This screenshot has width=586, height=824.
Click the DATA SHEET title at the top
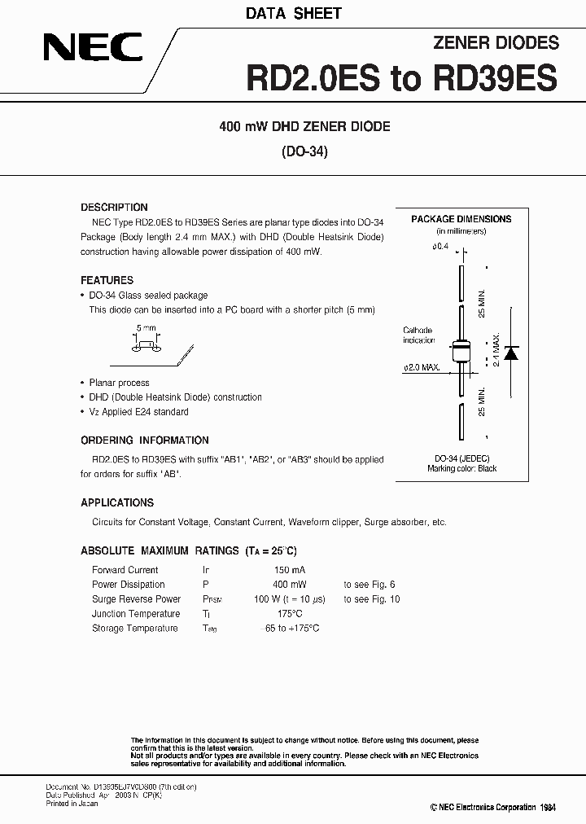[294, 13]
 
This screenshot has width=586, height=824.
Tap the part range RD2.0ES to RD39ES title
[402, 78]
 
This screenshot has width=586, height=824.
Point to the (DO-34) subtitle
[304, 151]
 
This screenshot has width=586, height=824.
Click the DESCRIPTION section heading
[114, 208]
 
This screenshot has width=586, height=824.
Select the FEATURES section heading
[107, 280]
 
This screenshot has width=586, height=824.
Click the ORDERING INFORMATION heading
[145, 440]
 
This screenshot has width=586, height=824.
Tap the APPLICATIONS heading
[117, 503]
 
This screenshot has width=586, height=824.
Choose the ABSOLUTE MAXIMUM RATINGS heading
[160, 551]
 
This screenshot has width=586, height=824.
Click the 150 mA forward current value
[289, 570]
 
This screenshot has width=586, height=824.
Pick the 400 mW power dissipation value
[290, 585]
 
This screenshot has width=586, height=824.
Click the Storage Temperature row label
[134, 629]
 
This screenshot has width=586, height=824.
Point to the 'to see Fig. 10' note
[371, 599]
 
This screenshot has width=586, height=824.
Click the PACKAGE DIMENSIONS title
[461, 219]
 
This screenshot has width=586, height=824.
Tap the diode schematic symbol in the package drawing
[511, 353]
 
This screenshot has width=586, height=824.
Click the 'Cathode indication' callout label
[419, 335]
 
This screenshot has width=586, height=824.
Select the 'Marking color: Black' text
[461, 469]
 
